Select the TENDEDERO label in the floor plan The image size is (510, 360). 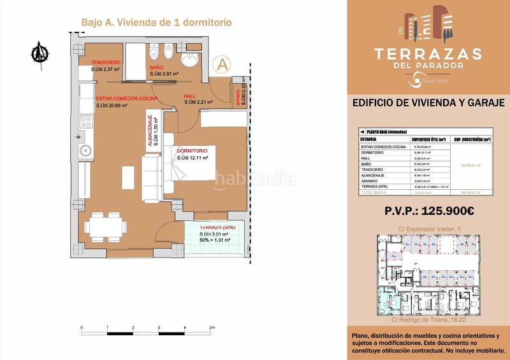(106, 62)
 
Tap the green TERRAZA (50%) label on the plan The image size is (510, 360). (217, 227)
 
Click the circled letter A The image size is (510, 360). (222, 64)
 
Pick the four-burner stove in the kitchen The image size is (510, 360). (85, 122)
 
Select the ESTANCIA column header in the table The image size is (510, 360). (369, 138)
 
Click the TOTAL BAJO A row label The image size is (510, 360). (375, 192)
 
